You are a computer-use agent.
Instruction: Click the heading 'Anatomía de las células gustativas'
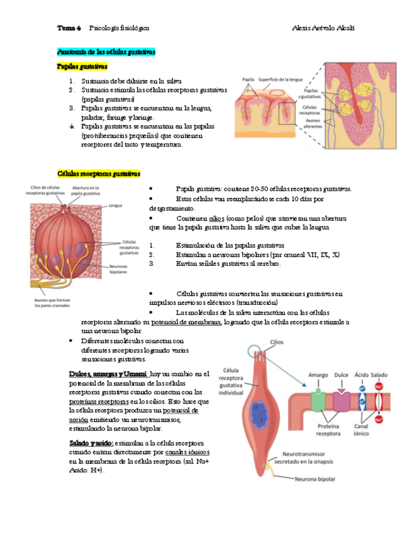coord(106,52)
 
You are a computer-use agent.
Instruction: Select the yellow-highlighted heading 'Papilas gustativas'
coord(82,66)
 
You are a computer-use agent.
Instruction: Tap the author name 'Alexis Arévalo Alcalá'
coord(324,28)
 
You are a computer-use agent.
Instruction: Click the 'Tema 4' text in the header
coord(69,28)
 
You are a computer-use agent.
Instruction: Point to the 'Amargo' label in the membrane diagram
coord(318,375)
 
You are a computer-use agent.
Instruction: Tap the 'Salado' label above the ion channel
coord(379,375)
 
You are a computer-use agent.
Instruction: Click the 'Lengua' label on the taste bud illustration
coord(115,205)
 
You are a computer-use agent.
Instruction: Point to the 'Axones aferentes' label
coord(313,123)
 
